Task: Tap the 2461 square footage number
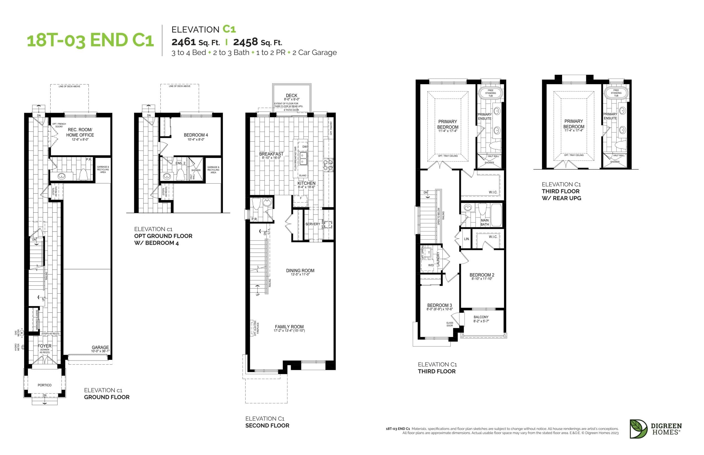click(x=184, y=42)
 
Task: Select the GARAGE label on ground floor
click(x=100, y=348)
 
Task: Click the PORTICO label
click(x=44, y=385)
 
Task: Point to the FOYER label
click(x=44, y=346)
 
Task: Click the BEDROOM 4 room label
click(x=196, y=135)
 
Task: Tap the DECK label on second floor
click(x=291, y=95)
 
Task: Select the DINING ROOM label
click(x=300, y=270)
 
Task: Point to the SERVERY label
click(x=312, y=224)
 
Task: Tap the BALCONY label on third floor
click(x=481, y=317)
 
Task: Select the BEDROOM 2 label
click(x=482, y=275)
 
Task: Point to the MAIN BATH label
click(x=484, y=222)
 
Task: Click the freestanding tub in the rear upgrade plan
click(x=616, y=93)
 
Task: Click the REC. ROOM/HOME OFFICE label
click(x=80, y=132)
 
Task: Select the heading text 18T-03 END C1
click(x=90, y=40)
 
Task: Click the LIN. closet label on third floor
click(x=467, y=239)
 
